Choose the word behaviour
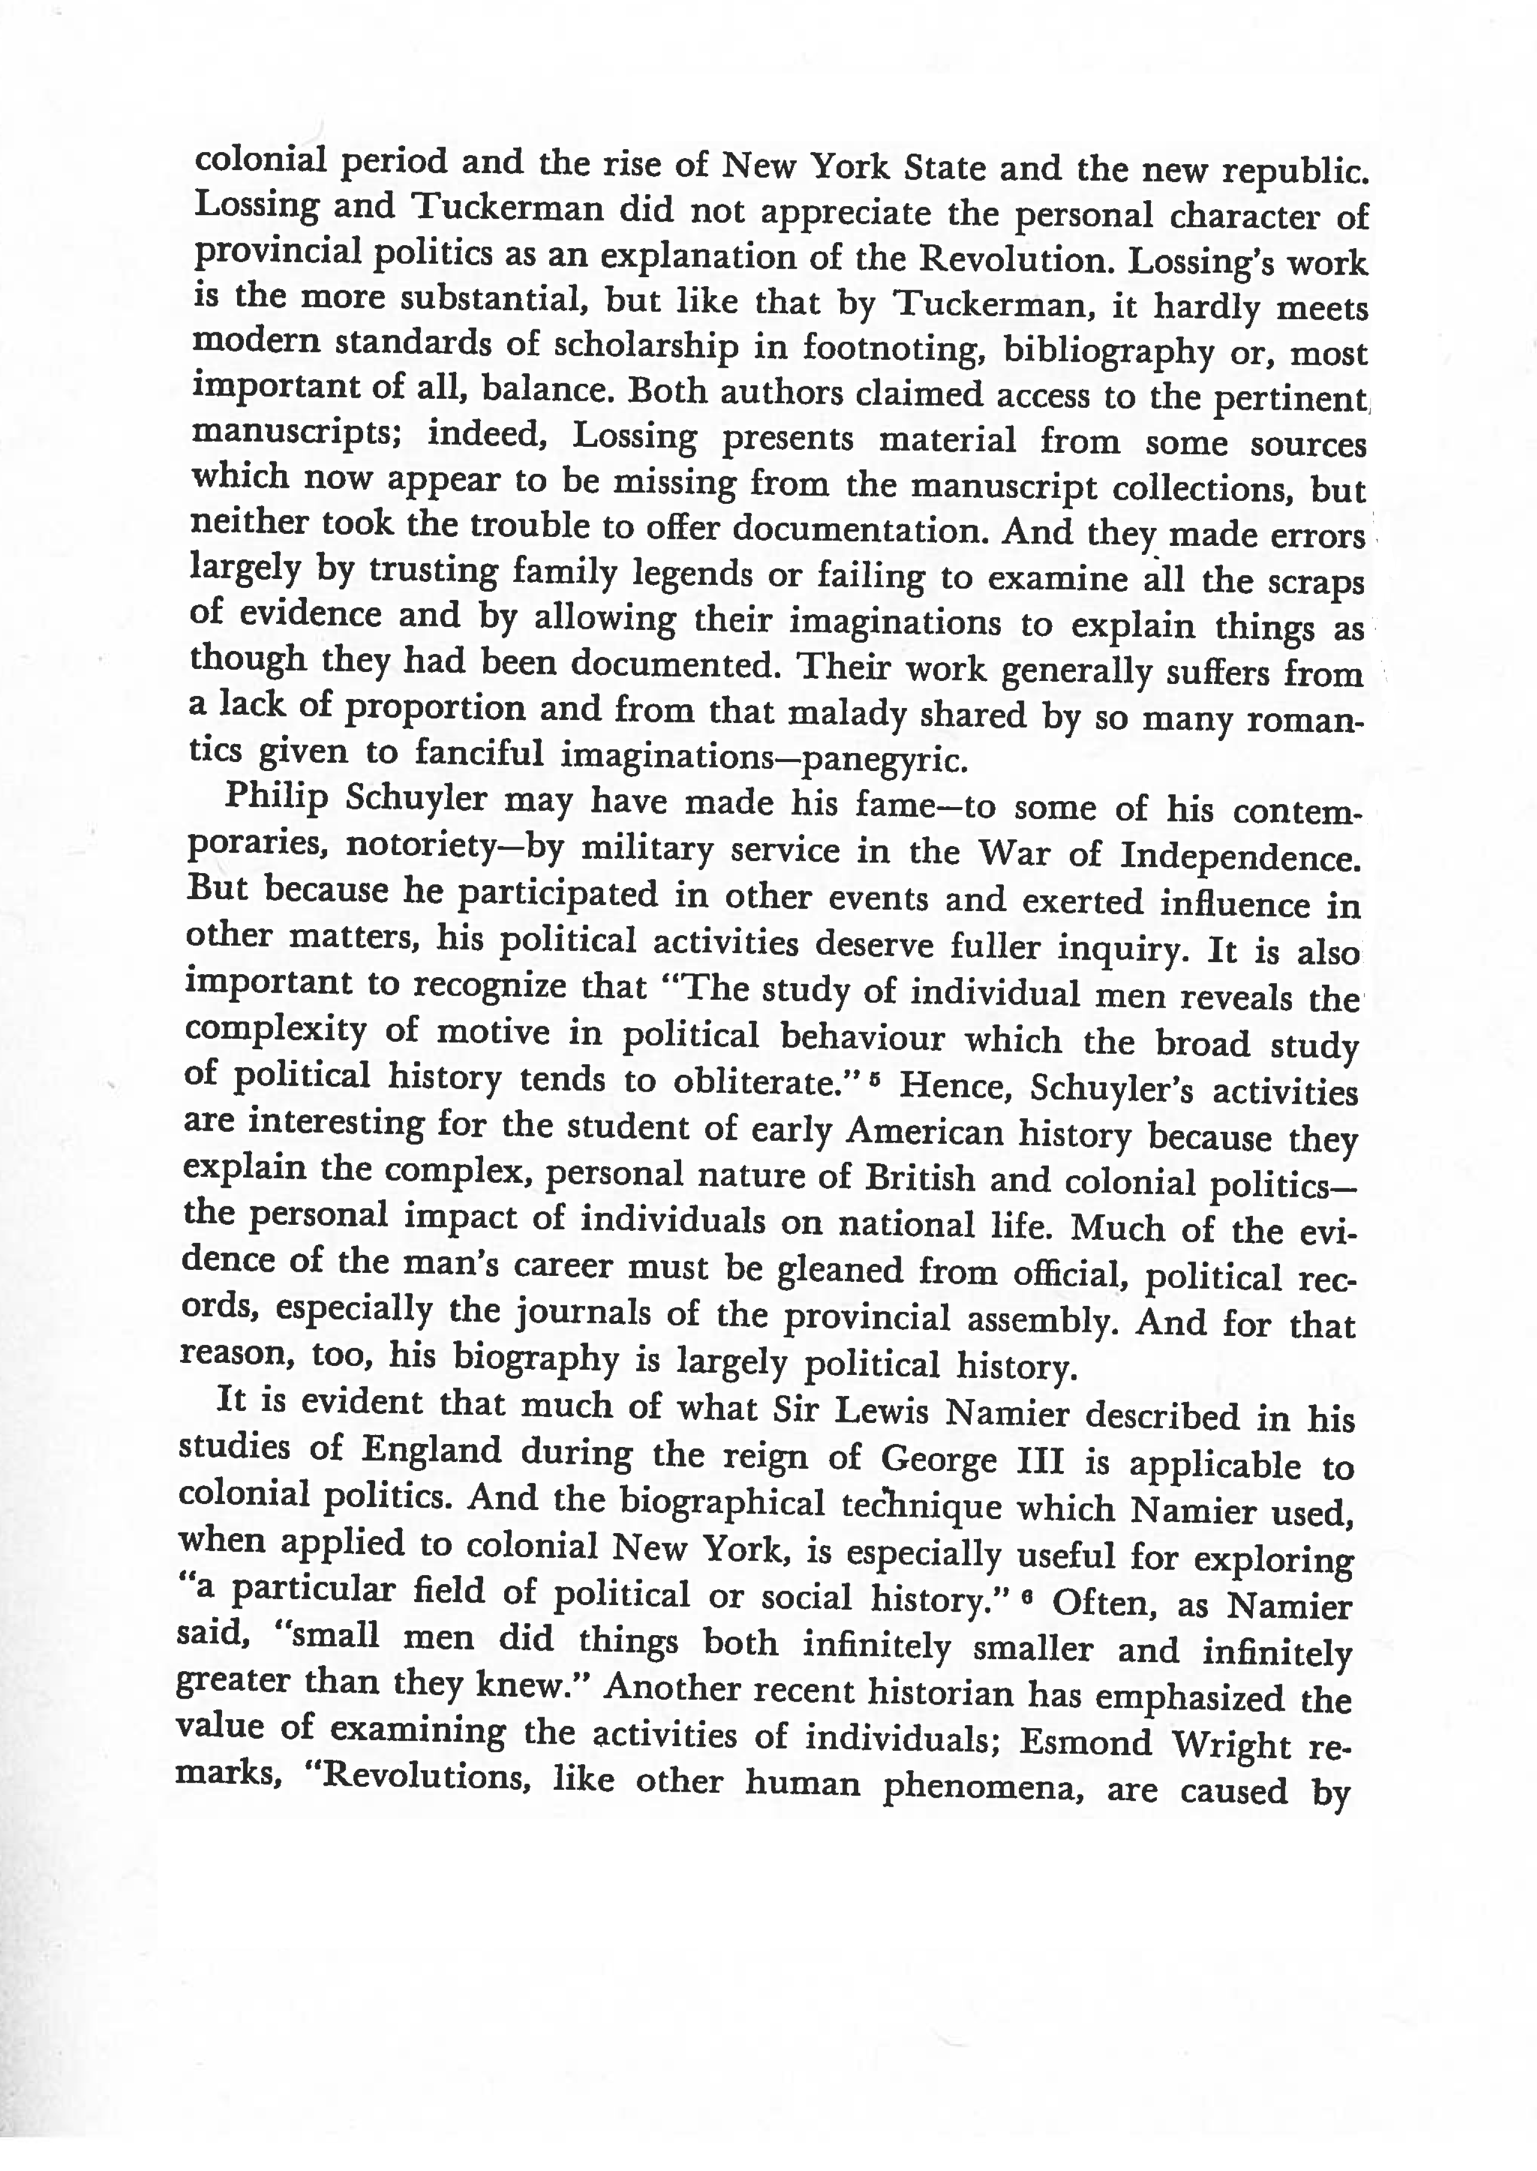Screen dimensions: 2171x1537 click(x=862, y=1038)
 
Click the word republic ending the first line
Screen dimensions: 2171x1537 click(x=1295, y=172)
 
